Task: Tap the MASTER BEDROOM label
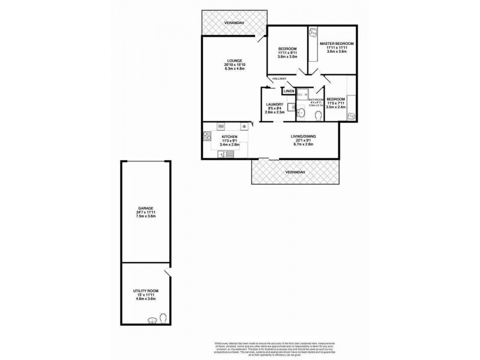[x=336, y=44]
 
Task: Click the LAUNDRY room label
[x=274, y=104]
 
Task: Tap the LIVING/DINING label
[x=305, y=137]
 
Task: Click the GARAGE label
[x=145, y=208]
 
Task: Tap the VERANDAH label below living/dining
[x=295, y=173]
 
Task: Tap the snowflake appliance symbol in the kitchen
[x=243, y=127]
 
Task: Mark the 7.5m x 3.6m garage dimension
[x=145, y=217]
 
